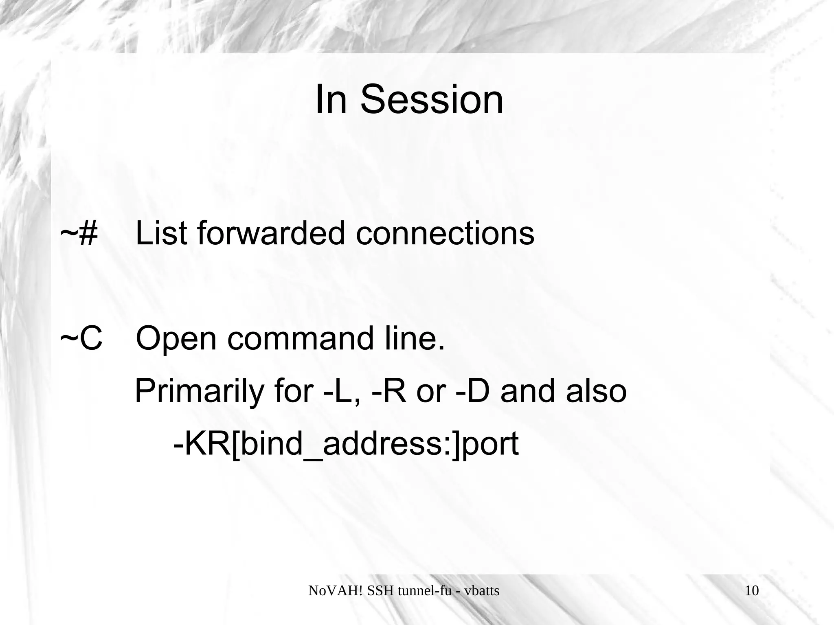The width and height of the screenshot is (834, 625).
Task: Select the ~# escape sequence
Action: [x=79, y=233]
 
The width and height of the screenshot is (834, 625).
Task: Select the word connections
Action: [x=445, y=233]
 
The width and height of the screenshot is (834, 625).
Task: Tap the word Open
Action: [x=176, y=339]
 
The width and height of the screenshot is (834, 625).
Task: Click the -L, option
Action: [x=342, y=391]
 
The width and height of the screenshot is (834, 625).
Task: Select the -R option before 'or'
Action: [x=389, y=391]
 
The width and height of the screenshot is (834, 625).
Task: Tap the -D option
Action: [x=472, y=391]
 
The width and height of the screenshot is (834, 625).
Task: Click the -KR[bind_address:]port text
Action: [x=346, y=444]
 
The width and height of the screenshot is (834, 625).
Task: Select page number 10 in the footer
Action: [x=752, y=590]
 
